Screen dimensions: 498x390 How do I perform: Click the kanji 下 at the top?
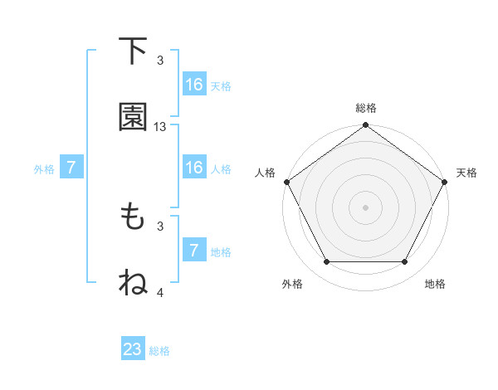pyautogui.click(x=132, y=51)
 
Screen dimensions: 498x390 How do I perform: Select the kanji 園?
pyautogui.click(x=133, y=118)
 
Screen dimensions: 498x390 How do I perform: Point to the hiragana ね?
pyautogui.click(x=133, y=283)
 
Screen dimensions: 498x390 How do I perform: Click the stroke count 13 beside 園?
pyautogui.click(x=160, y=127)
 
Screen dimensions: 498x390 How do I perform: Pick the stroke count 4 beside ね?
pyautogui.click(x=160, y=292)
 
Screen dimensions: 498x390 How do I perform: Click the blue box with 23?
pyautogui.click(x=133, y=349)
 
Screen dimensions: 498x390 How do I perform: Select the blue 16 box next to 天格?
pyautogui.click(x=194, y=85)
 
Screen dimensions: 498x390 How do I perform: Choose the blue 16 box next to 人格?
pyautogui.click(x=194, y=168)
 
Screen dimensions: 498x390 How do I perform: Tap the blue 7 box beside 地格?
pyautogui.click(x=194, y=251)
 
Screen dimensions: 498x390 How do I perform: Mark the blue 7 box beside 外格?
pyautogui.click(x=71, y=168)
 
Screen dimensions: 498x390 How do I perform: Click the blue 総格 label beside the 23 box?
pyautogui.click(x=159, y=351)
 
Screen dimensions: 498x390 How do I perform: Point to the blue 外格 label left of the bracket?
pyautogui.click(x=44, y=168)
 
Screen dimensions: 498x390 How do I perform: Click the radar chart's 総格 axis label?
pyautogui.click(x=366, y=108)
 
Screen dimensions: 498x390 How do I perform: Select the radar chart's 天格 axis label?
pyautogui.click(x=466, y=173)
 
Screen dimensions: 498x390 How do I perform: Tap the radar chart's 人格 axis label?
pyautogui.click(x=266, y=173)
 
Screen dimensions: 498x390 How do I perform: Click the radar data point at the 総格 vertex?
pyautogui.click(x=365, y=125)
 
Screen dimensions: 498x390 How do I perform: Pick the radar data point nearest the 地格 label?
pyautogui.click(x=405, y=262)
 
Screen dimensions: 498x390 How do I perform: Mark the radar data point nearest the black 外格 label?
pyautogui.click(x=326, y=262)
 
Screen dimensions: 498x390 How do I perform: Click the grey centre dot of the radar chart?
pyautogui.click(x=365, y=207)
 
